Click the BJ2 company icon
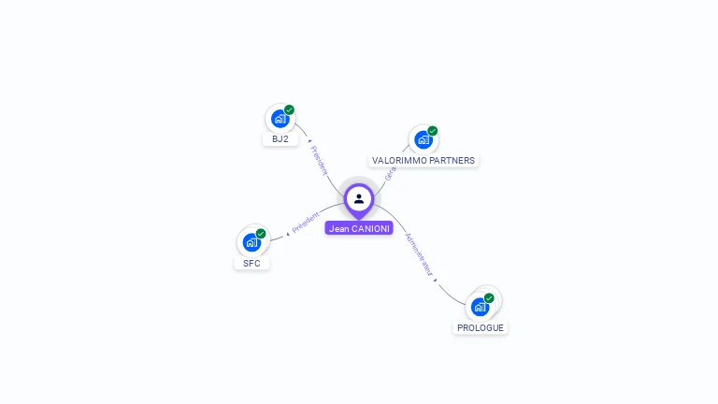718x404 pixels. (279, 119)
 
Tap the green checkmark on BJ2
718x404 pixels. (290, 109)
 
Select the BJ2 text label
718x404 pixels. (280, 139)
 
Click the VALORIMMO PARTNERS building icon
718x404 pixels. (423, 140)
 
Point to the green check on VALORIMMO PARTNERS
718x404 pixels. (433, 131)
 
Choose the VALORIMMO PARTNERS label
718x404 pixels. (424, 161)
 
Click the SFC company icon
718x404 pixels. (251, 242)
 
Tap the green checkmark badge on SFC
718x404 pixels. (261, 233)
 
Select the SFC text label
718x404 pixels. (251, 264)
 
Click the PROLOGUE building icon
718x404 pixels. (480, 307)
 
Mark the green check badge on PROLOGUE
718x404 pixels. (489, 297)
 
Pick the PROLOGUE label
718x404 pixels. (481, 328)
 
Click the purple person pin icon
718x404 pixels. (359, 198)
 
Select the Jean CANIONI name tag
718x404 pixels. (359, 228)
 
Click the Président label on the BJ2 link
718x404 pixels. (319, 160)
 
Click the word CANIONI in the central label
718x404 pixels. (371, 228)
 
